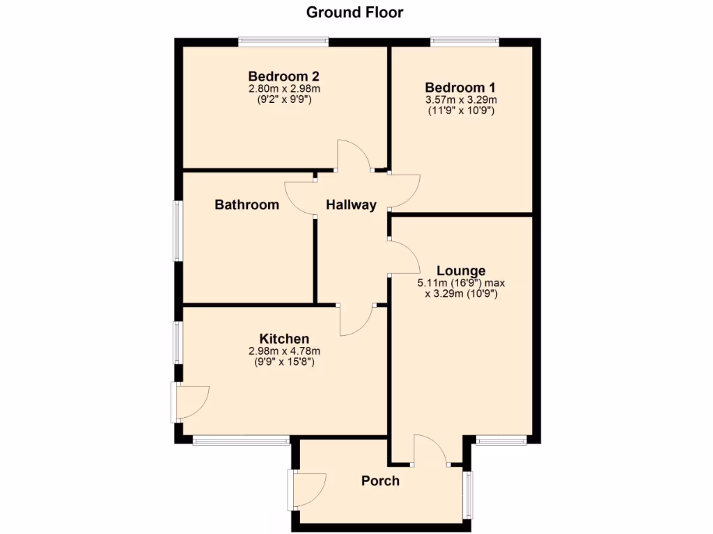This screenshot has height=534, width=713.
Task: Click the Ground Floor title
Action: point(355,12)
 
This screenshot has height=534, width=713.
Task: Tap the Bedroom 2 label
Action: point(284,76)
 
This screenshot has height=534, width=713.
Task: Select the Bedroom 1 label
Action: point(460,88)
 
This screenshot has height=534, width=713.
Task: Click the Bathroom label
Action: point(246,204)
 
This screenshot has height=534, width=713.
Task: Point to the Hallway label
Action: point(351,204)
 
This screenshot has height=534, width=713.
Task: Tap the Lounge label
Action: point(461,270)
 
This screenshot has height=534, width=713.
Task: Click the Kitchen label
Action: point(284,339)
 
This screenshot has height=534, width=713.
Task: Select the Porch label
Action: point(380,480)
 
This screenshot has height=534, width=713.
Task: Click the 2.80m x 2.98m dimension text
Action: point(284,88)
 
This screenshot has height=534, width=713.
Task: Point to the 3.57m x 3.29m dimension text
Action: point(461,100)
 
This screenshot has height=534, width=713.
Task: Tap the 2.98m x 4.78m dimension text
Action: point(284,351)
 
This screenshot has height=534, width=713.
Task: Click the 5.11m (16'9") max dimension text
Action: point(461,283)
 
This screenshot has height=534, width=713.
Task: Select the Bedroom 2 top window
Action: point(283,42)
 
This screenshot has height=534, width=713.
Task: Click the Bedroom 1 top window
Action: point(464,42)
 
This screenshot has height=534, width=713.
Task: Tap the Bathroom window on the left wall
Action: point(178,231)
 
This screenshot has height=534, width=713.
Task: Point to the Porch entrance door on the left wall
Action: point(307,489)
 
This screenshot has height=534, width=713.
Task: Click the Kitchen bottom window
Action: point(241,439)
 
